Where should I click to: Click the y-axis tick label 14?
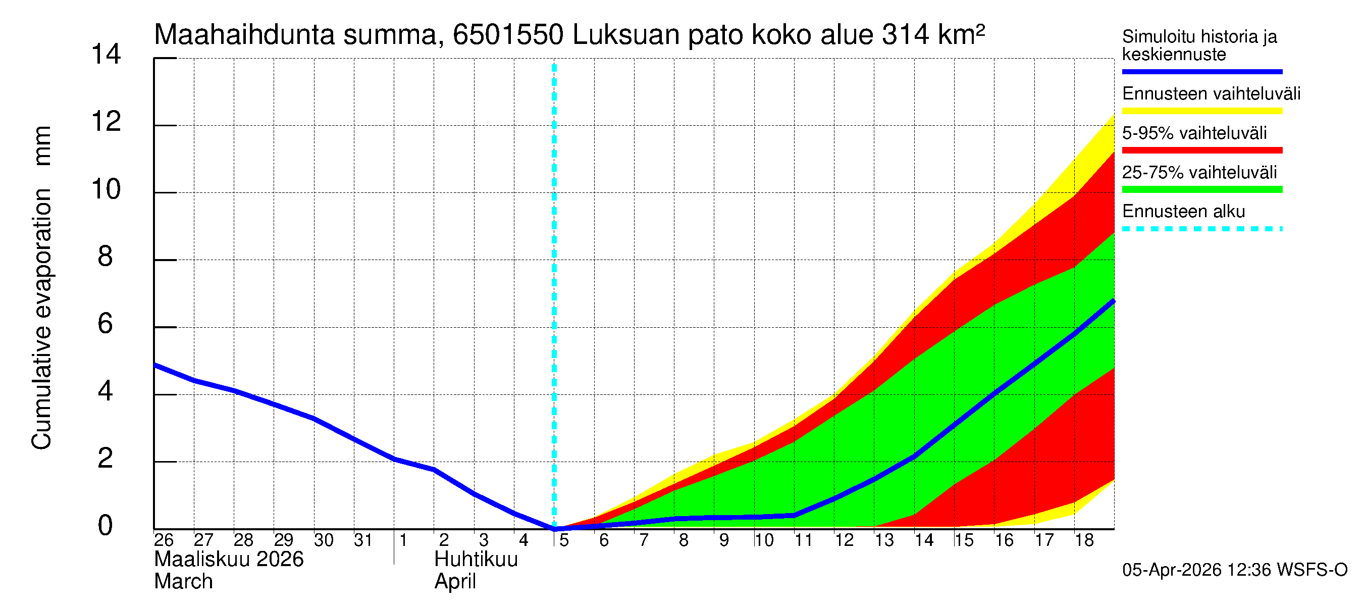[106, 54]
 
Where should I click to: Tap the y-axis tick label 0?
[106, 526]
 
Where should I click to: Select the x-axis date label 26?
[164, 540]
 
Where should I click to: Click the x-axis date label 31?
[363, 540]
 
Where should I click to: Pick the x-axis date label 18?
[1084, 540]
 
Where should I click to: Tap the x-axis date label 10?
[763, 540]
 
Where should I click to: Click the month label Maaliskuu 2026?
[229, 560]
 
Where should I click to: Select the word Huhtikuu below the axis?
[476, 560]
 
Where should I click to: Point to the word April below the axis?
[455, 582]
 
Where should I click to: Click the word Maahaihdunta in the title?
[244, 35]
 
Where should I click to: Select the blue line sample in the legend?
[1201, 71]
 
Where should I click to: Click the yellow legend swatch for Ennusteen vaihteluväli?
[1201, 111]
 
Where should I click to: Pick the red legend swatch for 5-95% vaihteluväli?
[1201, 150]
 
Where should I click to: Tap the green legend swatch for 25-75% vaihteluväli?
[1201, 189]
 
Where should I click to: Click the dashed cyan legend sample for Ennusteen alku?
[1201, 229]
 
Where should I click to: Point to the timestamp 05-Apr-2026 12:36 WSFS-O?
[1234, 570]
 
